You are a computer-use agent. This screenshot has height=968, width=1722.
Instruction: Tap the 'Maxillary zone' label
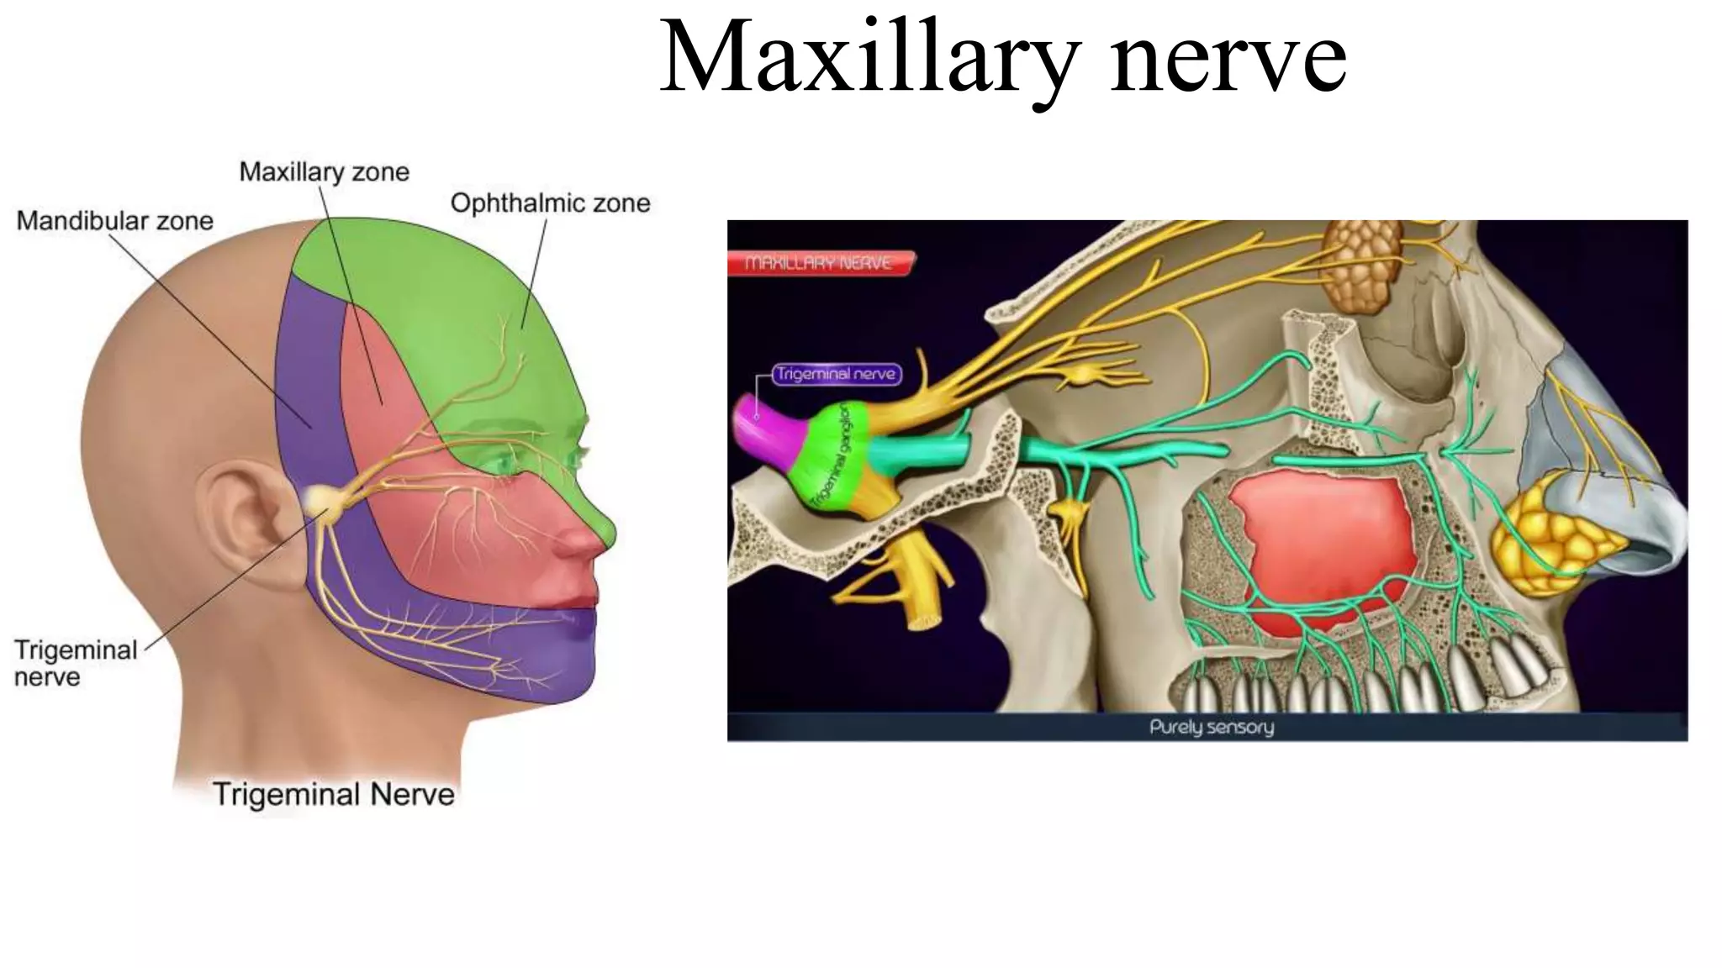pyautogui.click(x=324, y=172)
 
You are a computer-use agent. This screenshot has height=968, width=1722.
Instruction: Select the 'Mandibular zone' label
pyautogui.click(x=115, y=221)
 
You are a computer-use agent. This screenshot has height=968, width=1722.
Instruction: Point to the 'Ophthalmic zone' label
pyautogui.click(x=550, y=203)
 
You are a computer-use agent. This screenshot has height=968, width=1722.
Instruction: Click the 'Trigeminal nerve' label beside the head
pyautogui.click(x=75, y=663)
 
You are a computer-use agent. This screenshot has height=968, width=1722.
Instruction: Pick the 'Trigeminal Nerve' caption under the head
pyautogui.click(x=333, y=794)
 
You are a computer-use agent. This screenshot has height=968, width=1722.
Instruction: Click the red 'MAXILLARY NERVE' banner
pyautogui.click(x=819, y=264)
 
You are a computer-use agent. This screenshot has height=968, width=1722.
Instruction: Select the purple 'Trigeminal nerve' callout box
pyautogui.click(x=835, y=374)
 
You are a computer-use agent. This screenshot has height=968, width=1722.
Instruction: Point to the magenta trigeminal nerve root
pyautogui.click(x=761, y=429)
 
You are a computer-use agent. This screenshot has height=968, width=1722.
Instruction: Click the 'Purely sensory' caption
pyautogui.click(x=1211, y=727)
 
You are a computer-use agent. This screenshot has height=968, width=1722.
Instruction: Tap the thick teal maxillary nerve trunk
pyautogui.click(x=916, y=454)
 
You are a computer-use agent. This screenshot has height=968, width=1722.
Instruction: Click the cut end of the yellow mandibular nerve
pyautogui.click(x=923, y=623)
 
